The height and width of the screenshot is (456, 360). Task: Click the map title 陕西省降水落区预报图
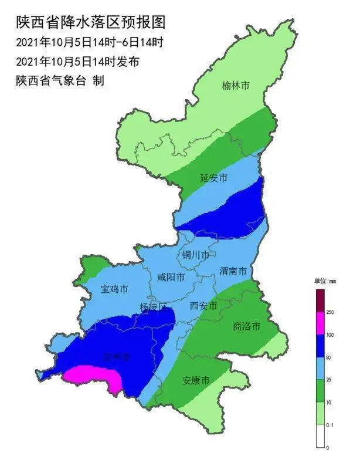90,22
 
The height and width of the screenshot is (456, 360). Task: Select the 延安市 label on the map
213,177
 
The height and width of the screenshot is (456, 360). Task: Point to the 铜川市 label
195,256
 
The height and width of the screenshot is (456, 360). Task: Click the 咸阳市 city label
171,277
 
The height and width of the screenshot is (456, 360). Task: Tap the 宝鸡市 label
114,289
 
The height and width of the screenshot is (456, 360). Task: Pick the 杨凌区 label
154,307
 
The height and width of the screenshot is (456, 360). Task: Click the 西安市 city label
204,306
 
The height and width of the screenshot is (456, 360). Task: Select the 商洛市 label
246,326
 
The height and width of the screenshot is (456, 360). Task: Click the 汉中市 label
116,357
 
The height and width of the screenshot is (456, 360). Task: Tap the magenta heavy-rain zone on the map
94,377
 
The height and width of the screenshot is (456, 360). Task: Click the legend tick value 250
330,312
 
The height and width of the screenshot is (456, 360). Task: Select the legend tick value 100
330,335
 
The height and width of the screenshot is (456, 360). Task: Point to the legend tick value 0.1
330,425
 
